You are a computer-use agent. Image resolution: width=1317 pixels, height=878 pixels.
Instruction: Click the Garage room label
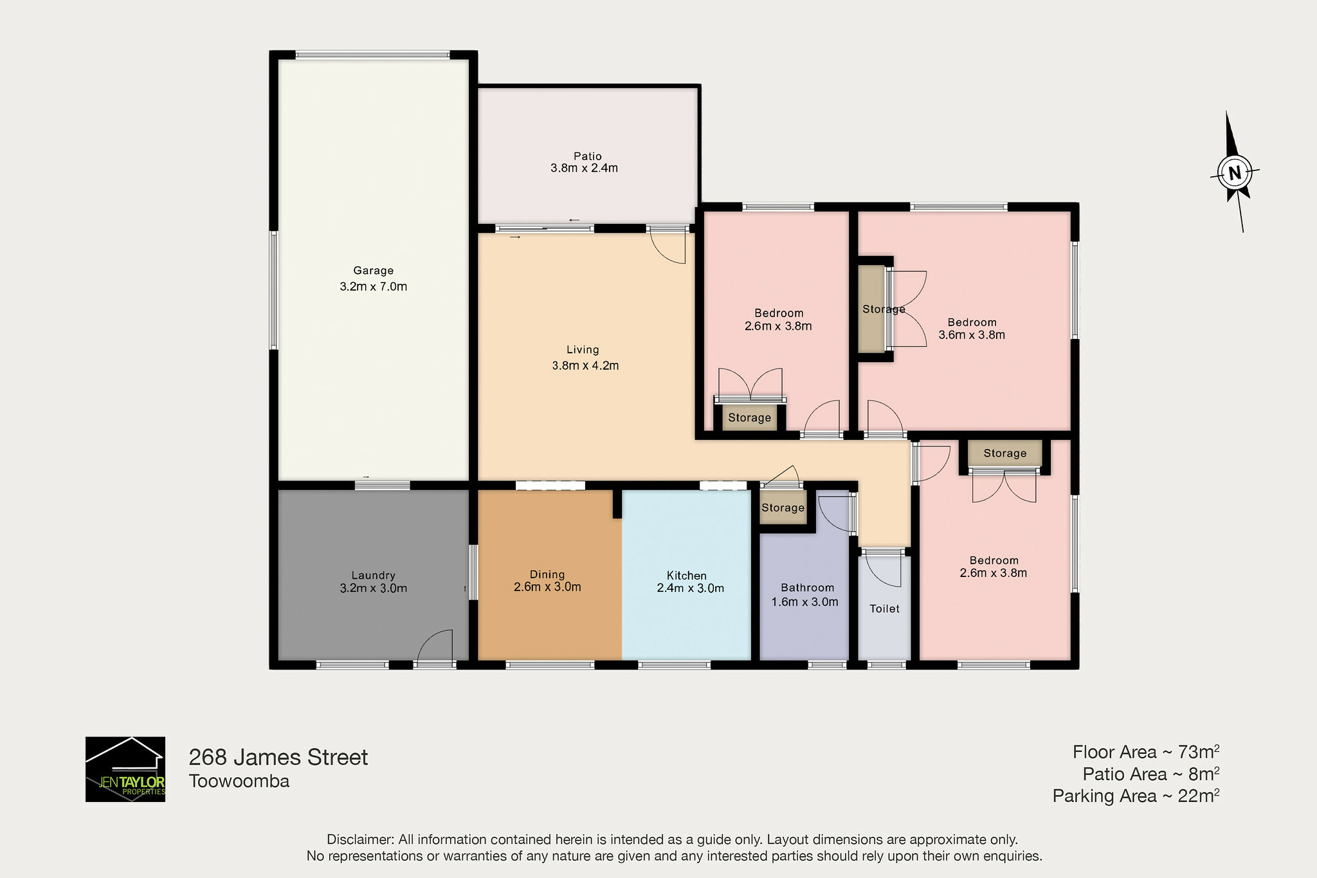coord(373,271)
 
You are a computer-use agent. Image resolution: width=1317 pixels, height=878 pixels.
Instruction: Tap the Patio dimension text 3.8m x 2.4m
coord(584,169)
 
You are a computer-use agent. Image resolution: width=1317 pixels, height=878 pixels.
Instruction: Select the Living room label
coord(583,350)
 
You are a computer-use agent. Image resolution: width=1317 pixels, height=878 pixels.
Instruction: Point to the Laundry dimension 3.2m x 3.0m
coord(373,588)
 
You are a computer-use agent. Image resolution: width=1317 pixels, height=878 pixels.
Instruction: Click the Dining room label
coord(547,574)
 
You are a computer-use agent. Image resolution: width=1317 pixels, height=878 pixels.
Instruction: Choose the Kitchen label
coord(687,576)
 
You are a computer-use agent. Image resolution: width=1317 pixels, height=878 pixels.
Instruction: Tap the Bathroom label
coord(807,588)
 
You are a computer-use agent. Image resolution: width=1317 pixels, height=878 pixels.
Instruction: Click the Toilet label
coord(885,608)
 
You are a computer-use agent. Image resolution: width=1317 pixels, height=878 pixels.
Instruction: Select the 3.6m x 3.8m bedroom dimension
coord(972,334)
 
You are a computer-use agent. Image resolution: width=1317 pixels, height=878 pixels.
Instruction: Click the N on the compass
coord(1235,172)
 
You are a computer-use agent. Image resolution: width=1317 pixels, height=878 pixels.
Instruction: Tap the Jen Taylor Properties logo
coord(125,769)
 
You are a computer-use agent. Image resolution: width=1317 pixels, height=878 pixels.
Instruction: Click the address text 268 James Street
coord(278,757)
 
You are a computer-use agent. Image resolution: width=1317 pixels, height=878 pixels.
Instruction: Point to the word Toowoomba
coord(239,781)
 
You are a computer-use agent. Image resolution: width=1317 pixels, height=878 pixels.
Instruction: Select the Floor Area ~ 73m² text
coord(1146,751)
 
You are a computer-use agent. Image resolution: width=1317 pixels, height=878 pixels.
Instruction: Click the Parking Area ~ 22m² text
coord(1136,796)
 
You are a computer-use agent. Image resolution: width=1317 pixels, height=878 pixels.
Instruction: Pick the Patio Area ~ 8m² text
coord(1151,774)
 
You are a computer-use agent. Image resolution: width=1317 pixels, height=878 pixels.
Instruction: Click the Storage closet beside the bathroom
coord(783,508)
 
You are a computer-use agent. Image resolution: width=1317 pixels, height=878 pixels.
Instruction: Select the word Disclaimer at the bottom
coord(359,839)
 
